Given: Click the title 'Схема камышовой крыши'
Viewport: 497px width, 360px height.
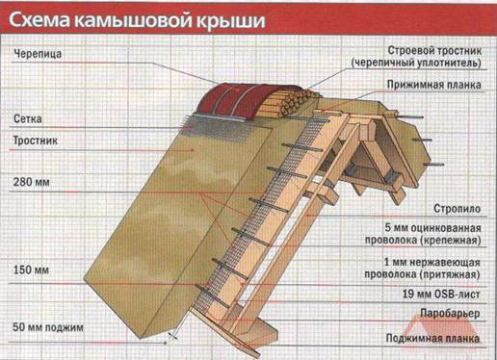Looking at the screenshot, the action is click(137, 20).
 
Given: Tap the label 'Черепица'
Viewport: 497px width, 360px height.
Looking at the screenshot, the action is click(38, 54).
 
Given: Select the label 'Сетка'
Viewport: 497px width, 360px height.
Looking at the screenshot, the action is click(28, 119).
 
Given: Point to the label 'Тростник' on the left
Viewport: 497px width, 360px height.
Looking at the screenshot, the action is click(36, 141).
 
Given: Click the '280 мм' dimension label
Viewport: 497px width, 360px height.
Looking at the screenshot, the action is click(31, 182).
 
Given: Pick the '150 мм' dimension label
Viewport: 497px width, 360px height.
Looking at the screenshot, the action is click(31, 270).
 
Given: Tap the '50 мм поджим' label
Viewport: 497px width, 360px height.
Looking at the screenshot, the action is click(48, 327).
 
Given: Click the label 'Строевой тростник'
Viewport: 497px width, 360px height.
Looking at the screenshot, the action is click(434, 51).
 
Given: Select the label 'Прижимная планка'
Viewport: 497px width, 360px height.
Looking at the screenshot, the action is click(434, 85).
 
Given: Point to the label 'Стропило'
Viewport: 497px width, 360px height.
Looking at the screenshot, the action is click(458, 209).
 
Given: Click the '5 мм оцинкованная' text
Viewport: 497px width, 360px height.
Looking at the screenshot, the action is click(432, 228).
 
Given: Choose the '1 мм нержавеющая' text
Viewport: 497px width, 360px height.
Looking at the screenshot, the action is click(432, 263).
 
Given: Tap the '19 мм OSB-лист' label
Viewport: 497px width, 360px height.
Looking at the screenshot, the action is click(441, 294).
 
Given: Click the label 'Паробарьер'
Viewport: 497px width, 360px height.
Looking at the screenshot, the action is click(450, 314).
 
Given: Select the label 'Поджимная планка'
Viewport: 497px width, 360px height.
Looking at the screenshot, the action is click(432, 339).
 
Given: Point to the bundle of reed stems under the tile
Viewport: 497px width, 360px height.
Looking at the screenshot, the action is click(289, 104).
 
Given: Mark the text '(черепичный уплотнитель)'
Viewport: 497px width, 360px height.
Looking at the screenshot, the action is click(416, 63).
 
